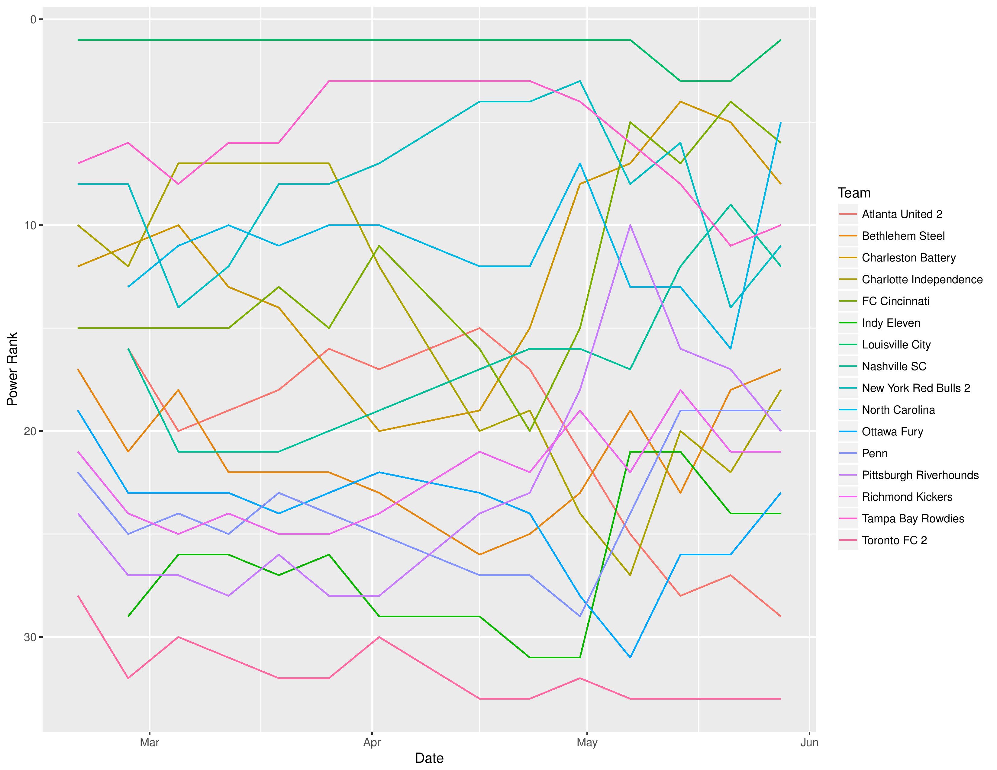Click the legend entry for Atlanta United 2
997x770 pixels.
902,214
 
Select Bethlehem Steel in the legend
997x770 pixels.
903,236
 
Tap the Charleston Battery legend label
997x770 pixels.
908,258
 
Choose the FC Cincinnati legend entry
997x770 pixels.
895,302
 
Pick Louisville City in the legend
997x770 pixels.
896,345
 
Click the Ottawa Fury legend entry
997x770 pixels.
892,432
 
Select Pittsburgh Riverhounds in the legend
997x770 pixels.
920,475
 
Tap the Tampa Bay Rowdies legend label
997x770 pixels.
912,519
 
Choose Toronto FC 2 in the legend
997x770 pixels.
894,541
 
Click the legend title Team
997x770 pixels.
854,193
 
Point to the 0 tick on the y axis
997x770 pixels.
33,19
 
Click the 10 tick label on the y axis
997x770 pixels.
30,225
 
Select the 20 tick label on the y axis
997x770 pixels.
30,432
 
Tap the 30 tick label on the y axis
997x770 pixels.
30,637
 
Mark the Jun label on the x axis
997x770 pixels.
809,742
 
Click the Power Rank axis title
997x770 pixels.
12,369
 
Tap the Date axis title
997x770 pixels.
429,759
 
